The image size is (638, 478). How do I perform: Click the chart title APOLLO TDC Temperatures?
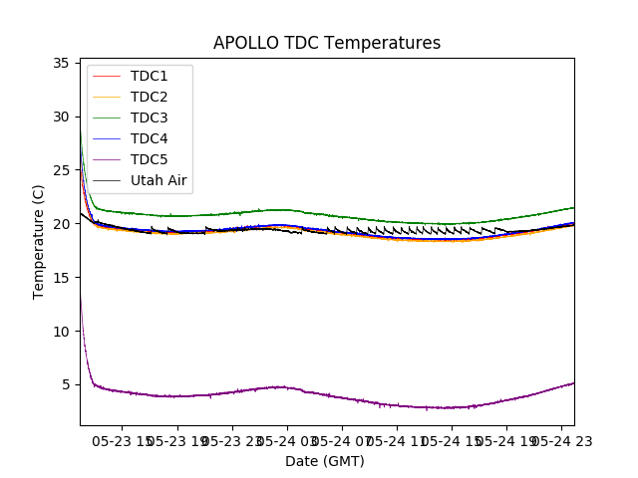pos(327,43)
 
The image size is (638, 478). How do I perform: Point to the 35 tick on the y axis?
pos(60,63)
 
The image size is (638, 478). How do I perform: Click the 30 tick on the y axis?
pos(60,117)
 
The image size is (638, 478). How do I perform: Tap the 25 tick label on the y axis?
pos(60,170)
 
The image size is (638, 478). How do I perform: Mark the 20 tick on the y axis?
pos(60,224)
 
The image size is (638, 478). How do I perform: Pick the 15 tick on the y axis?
pos(60,278)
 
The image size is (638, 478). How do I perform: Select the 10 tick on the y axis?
pos(60,332)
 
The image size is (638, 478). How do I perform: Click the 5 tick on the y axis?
pos(64,384)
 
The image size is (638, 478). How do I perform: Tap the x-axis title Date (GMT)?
pos(325,461)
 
